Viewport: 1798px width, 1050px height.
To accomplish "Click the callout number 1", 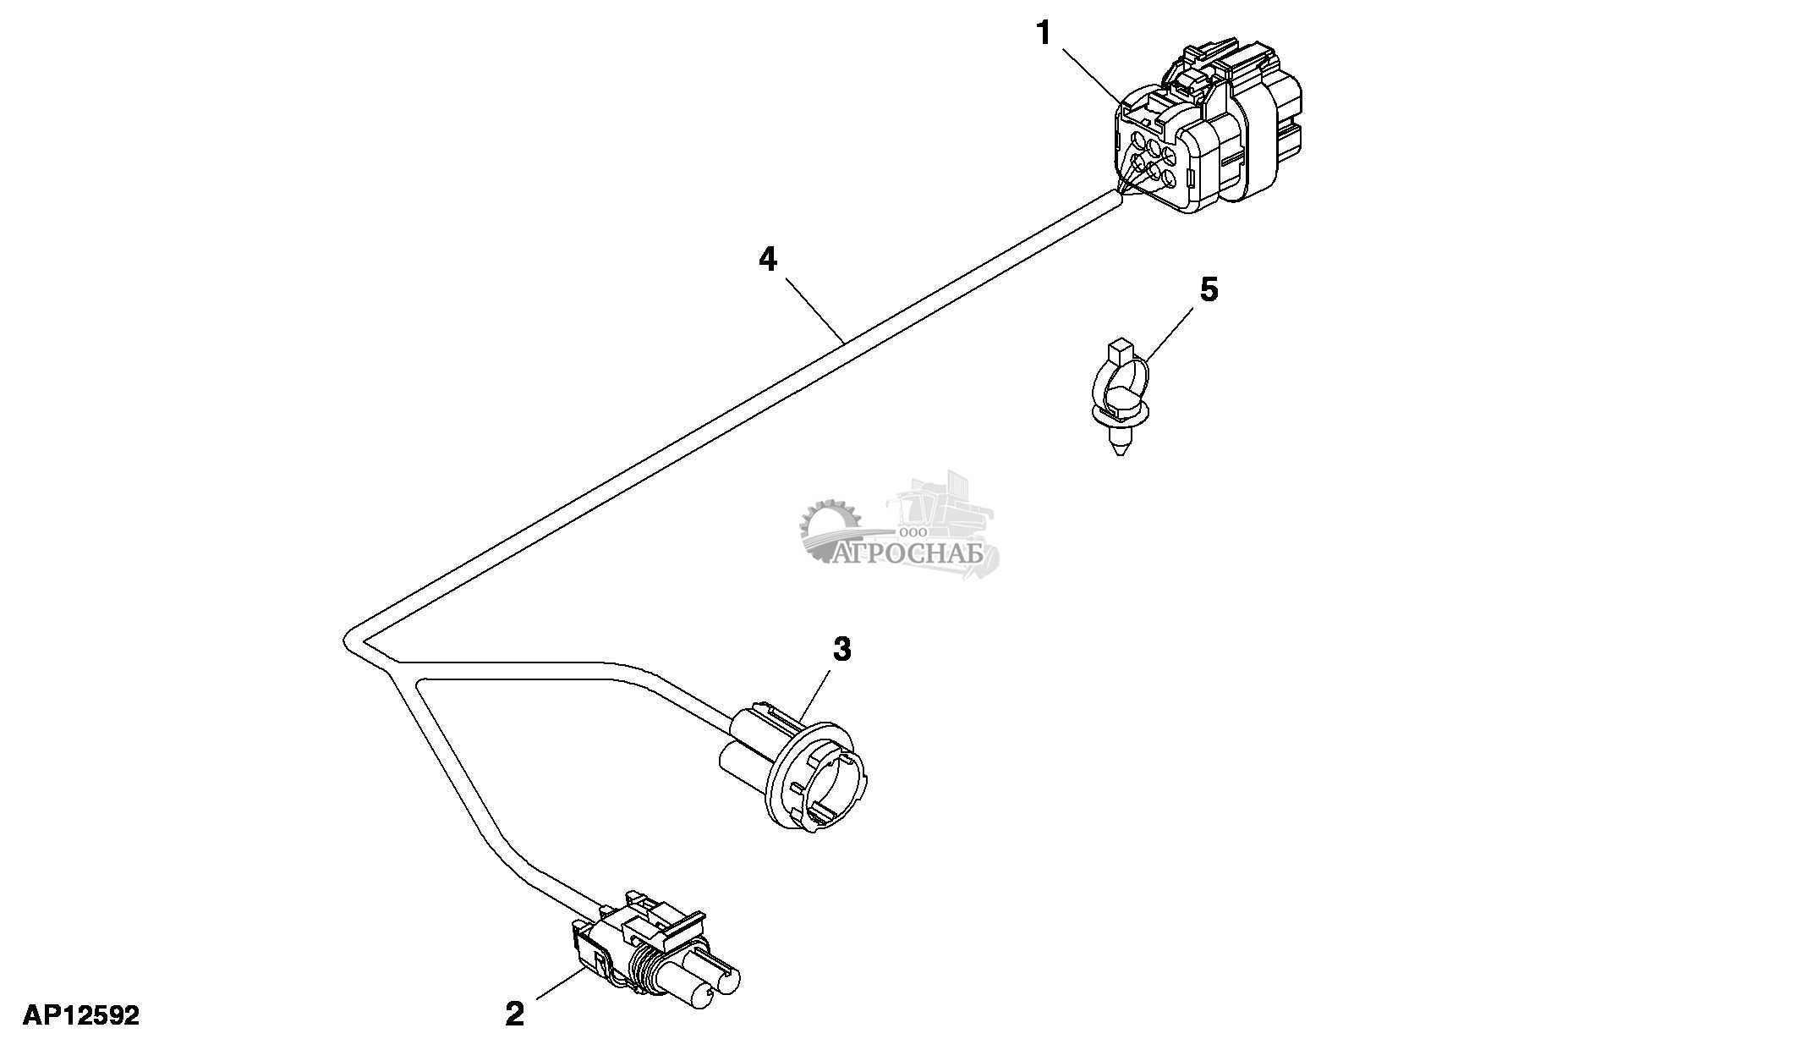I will (1044, 34).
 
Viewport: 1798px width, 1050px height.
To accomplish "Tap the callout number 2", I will (514, 1014).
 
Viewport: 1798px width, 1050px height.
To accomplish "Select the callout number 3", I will (841, 650).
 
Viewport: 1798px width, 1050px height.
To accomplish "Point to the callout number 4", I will (767, 259).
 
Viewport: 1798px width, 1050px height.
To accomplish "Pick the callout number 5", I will (1209, 290).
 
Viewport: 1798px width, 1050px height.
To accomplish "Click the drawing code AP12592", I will (81, 1015).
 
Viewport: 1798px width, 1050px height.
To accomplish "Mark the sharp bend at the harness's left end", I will (347, 636).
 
